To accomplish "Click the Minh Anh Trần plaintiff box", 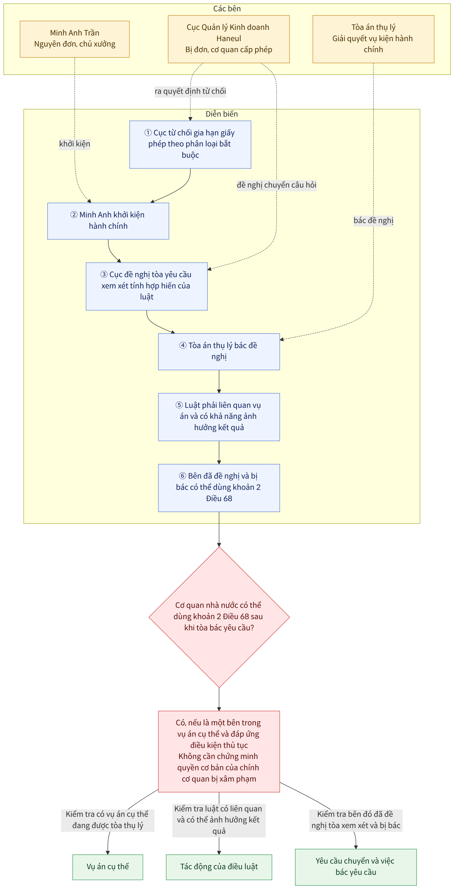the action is [75, 39].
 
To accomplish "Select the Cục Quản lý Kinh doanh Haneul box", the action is [229, 39].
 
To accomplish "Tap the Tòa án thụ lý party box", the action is [373, 39].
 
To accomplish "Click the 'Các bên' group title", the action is [227, 9].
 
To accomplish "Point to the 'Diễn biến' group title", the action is [222, 114].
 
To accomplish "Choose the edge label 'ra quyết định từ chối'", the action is [190, 91].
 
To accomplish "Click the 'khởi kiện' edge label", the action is [75, 144].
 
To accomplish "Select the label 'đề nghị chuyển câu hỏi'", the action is [277, 185].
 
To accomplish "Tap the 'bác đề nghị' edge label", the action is [373, 220].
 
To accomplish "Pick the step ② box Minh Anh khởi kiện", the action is [108, 221].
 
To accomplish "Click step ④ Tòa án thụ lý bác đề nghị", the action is [219, 352].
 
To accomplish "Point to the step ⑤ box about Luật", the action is [219, 417].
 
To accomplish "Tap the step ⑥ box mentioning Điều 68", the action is [219, 488].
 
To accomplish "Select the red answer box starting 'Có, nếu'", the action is [219, 751].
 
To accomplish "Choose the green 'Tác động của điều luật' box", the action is [219, 867].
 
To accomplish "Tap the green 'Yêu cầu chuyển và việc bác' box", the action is [356, 867].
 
